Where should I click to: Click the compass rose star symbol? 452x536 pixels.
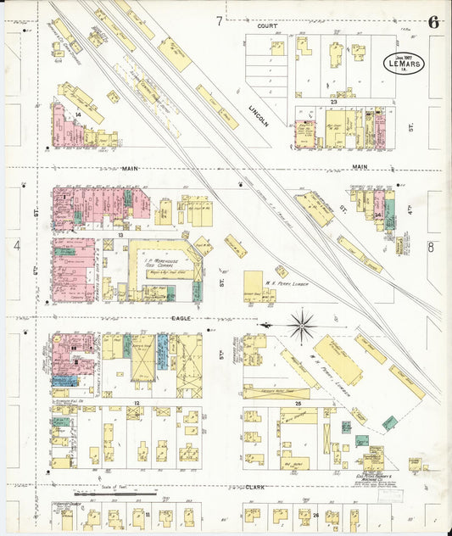(302, 325)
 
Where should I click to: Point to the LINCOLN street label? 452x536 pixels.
(258, 116)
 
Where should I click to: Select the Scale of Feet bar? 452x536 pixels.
(114, 492)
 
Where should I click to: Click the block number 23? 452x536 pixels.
(334, 102)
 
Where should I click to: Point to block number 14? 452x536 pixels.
(77, 113)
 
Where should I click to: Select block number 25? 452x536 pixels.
(298, 404)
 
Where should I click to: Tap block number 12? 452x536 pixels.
(136, 403)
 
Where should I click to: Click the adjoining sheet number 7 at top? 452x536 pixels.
(218, 20)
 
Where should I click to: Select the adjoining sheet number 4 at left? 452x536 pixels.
(16, 247)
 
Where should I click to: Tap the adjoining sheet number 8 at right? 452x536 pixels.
(431, 247)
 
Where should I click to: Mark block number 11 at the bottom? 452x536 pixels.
(146, 515)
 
